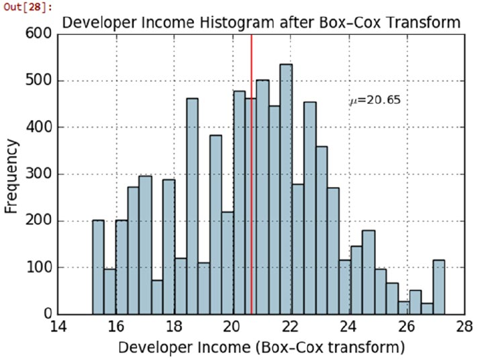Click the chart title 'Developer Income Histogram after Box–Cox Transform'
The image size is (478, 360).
tap(261, 23)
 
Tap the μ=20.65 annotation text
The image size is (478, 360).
tap(375, 100)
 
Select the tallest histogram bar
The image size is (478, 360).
tap(286, 189)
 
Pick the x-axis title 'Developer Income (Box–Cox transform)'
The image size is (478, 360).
tap(262, 347)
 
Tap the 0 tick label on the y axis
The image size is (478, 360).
tap(47, 315)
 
